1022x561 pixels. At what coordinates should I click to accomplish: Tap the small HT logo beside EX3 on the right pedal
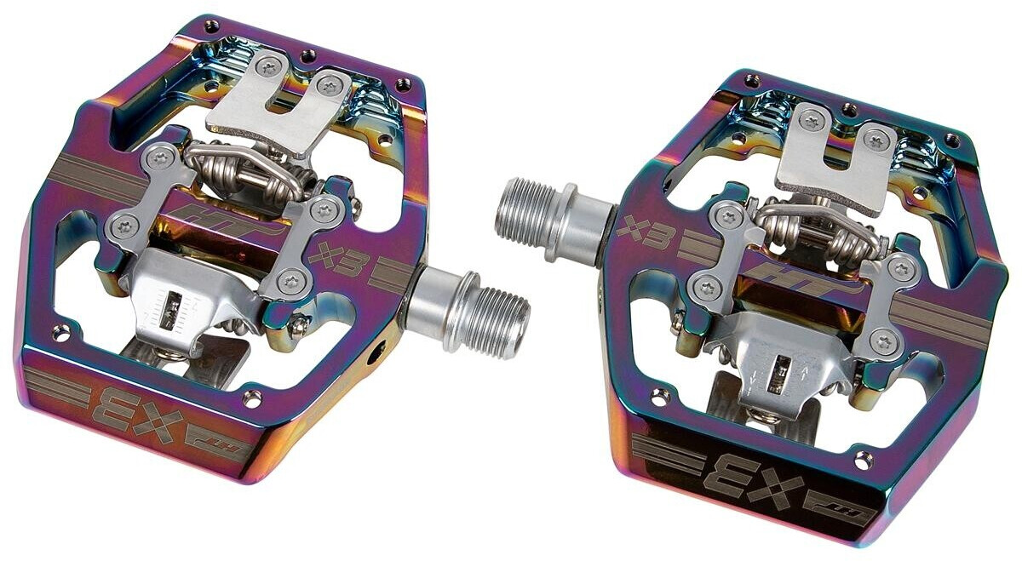(x=853, y=511)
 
